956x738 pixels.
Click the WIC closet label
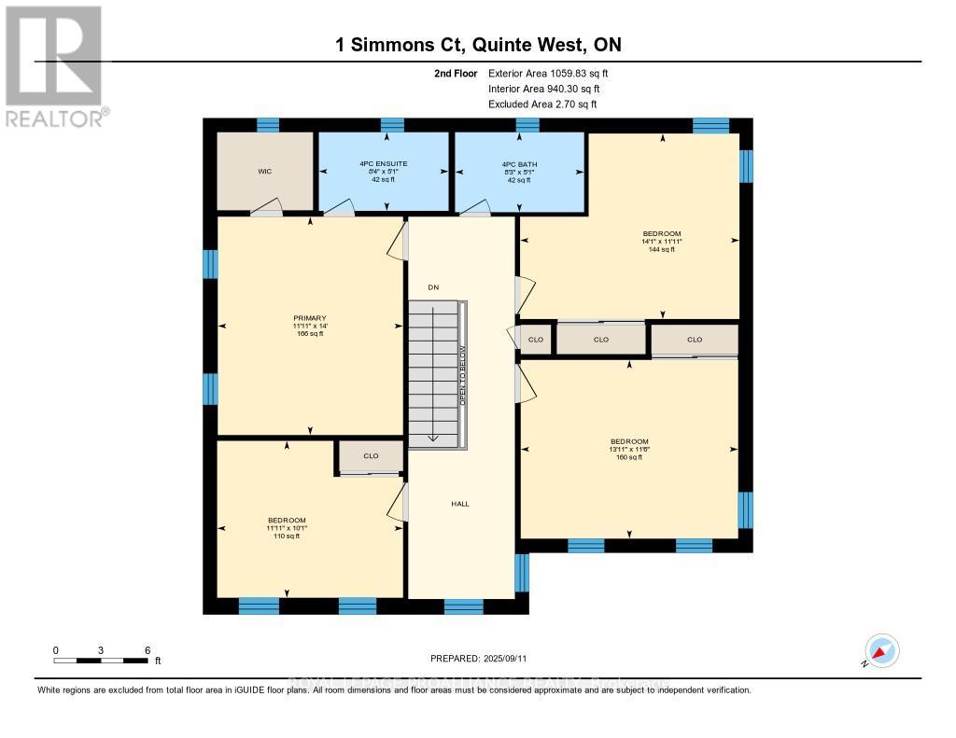[x=264, y=172]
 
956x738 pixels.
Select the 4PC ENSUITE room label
[x=384, y=163]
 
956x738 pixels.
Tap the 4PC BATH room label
[x=519, y=163]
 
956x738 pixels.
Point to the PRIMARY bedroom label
[x=309, y=317]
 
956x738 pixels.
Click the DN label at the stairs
[x=433, y=286]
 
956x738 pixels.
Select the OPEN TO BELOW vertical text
[x=461, y=374]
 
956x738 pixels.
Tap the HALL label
[x=460, y=504]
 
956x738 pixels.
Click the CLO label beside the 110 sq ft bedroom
[x=371, y=456]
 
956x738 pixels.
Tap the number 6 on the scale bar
[x=147, y=649]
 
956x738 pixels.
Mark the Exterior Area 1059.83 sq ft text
[x=548, y=73]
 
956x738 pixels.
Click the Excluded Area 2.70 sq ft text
[x=541, y=104]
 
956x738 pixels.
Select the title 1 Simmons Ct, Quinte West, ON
[x=477, y=44]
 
